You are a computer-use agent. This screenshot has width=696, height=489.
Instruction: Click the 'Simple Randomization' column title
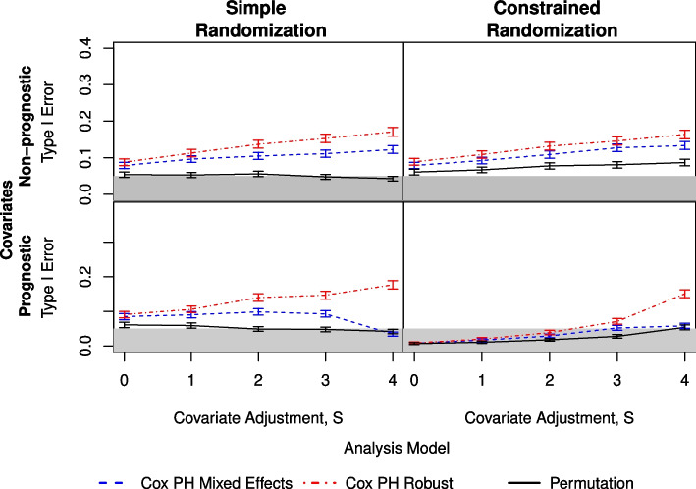[x=261, y=20]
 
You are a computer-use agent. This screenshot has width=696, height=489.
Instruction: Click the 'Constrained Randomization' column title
[x=552, y=20]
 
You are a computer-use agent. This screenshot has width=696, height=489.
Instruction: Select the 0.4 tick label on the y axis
[x=85, y=48]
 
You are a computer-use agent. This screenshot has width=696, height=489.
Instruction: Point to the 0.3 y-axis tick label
[x=85, y=84]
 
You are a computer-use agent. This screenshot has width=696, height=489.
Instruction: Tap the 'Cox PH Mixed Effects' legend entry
[x=195, y=483]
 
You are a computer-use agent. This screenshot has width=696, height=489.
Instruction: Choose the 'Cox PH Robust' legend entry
[x=378, y=483]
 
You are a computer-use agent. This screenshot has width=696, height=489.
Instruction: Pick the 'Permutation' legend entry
[x=570, y=483]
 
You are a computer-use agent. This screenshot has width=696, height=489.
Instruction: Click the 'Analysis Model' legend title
[x=397, y=448]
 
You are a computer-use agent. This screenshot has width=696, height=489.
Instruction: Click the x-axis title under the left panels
[x=258, y=418]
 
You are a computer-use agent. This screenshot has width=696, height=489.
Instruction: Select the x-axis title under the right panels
[x=549, y=418]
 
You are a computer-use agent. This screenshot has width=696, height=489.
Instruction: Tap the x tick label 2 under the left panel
[x=258, y=381]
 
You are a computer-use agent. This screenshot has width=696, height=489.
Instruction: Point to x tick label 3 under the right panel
[x=616, y=381]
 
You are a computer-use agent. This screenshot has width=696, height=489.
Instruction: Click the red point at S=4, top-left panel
[x=393, y=132]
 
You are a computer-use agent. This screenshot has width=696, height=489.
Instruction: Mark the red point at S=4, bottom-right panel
[x=684, y=294]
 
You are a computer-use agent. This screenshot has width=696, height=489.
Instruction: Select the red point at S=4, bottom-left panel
[x=393, y=285]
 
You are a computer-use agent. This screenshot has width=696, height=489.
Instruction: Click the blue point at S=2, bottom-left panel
[x=258, y=312]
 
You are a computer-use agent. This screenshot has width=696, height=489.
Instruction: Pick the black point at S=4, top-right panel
[x=684, y=163]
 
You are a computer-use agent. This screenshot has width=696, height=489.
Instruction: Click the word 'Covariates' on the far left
[x=7, y=220]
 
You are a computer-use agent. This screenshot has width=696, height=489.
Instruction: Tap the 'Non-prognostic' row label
[x=26, y=126]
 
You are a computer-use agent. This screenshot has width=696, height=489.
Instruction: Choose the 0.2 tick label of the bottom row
[x=85, y=277]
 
